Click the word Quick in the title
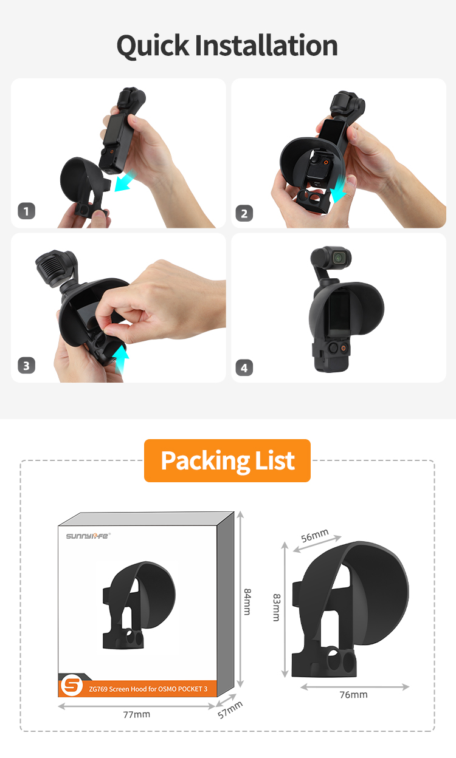tap(153, 46)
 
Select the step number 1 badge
tap(26, 211)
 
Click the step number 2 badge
tap(244, 213)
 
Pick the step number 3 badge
tap(26, 366)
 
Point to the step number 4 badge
tap(244, 367)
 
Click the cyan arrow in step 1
tap(125, 182)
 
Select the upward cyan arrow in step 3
tap(121, 360)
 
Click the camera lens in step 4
tap(339, 258)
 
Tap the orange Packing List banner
tap(227, 460)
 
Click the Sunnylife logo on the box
tap(88, 536)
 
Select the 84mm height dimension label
tap(247, 602)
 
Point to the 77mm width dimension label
tap(137, 714)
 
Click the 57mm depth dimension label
tap(230, 710)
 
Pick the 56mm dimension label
tap(315, 535)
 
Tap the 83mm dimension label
tap(277, 607)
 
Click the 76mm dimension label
tap(354, 695)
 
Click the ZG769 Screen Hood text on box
tap(148, 689)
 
